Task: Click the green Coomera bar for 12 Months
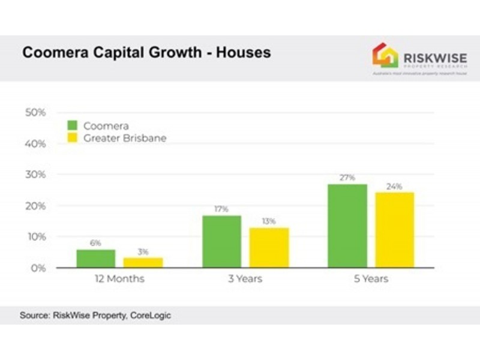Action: tap(95, 259)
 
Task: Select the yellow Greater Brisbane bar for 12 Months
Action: tap(143, 263)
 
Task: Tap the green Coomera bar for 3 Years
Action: tap(221, 242)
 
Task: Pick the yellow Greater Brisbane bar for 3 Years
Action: tap(269, 248)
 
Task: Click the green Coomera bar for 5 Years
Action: tap(347, 226)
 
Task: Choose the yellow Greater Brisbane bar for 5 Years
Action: tap(395, 230)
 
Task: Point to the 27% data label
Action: tap(347, 178)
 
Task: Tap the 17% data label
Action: tap(221, 209)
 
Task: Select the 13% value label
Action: tap(268, 221)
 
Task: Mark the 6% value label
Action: tap(95, 243)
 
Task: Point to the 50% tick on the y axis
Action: tap(35, 113)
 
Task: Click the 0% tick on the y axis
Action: tap(38, 268)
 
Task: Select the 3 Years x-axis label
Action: tap(245, 279)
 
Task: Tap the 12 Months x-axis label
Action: tap(119, 279)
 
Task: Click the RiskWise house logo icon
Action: tap(385, 55)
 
